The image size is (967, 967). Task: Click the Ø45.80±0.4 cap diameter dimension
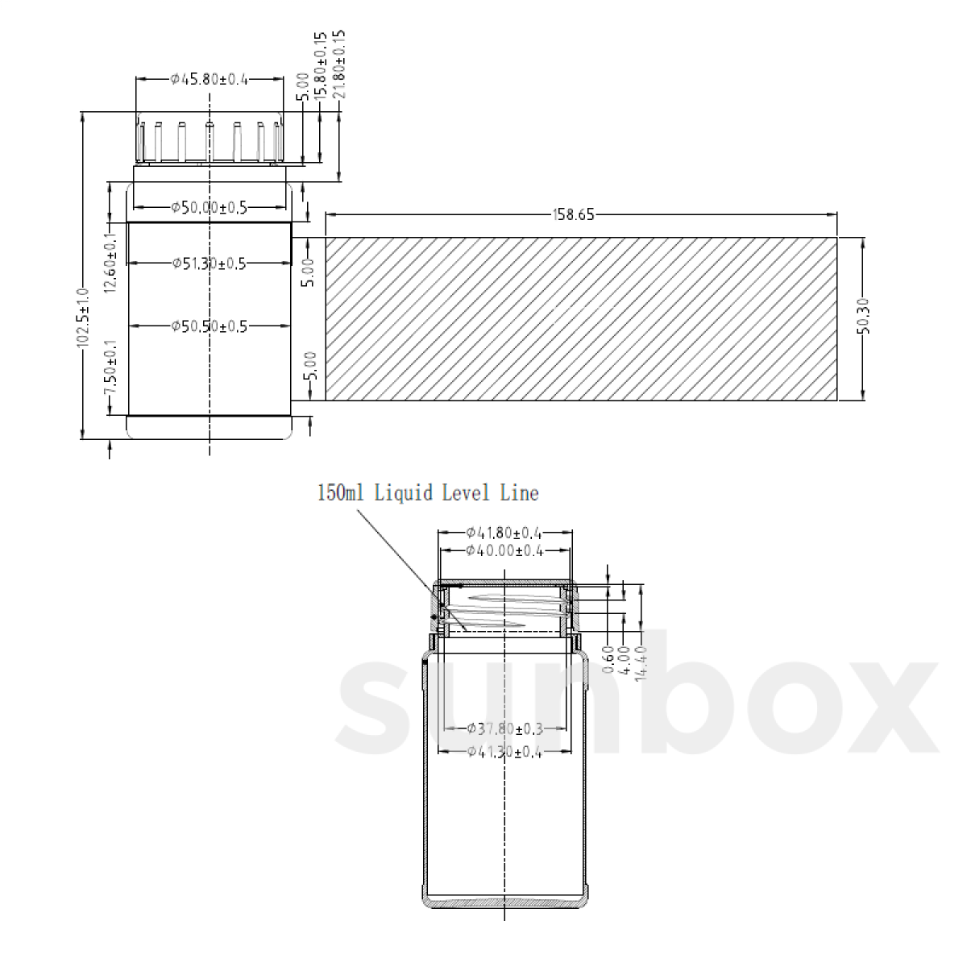pos(210,79)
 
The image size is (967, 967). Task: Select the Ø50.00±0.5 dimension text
pos(210,208)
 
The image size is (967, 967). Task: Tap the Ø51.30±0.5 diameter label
pos(210,263)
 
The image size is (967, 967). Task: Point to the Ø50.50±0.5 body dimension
pos(210,326)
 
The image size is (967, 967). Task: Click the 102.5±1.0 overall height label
pos(81,318)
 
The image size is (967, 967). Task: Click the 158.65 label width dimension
pos(573,214)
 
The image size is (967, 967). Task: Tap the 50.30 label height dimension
pos(863,318)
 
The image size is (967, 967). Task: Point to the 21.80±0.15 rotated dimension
pos(339,64)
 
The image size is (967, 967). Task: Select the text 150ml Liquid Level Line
pos(428,492)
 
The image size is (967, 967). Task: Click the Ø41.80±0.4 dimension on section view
pos(504,533)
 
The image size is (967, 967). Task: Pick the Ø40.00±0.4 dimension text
pos(504,551)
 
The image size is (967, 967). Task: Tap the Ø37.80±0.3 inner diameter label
pos(504,728)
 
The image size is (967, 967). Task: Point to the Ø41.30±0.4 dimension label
pos(504,752)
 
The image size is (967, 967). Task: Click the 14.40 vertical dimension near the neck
pos(642,663)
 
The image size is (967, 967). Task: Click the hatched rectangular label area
pos(580,318)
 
